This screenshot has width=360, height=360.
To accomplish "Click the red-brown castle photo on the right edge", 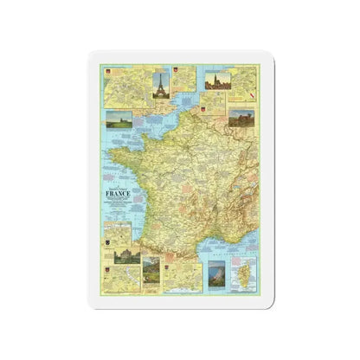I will [x=242, y=120].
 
